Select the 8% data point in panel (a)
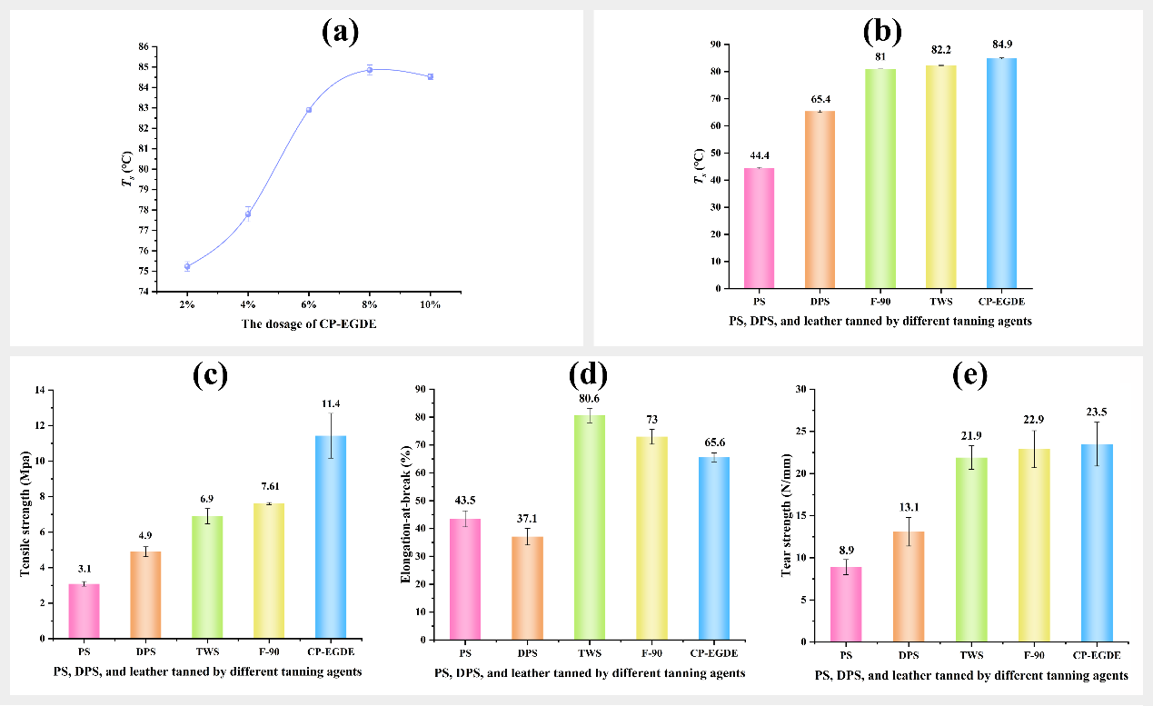(x=370, y=70)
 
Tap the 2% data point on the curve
(x=186, y=266)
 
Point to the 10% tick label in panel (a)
(x=431, y=304)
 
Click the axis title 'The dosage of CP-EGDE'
(x=309, y=324)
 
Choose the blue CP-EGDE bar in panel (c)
(x=330, y=536)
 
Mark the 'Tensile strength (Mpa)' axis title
(x=25, y=513)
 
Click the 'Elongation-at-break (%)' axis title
(x=408, y=515)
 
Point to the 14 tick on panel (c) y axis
(x=39, y=391)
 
